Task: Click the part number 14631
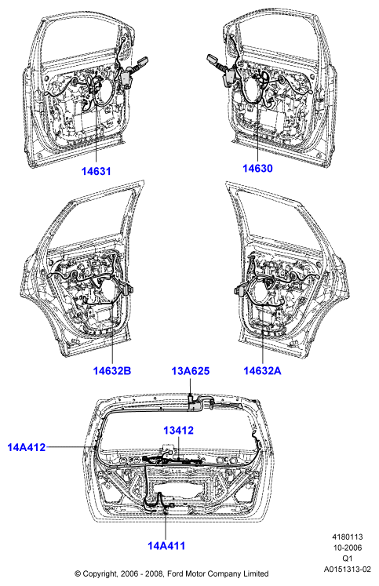pos(97,171)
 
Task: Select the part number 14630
pos(257,168)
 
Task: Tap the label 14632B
pos(112,371)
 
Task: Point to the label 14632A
pos(262,370)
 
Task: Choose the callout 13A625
pos(191,371)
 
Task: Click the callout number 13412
pos(179,430)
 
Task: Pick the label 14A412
pos(27,447)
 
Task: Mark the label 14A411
pos(166,546)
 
